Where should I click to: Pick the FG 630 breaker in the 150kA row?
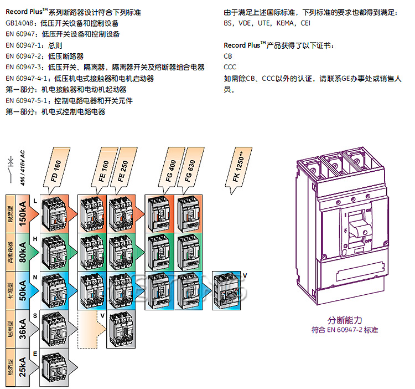pos(189,213)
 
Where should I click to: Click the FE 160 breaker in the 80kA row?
pos(91,252)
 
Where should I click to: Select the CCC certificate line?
pos(230,67)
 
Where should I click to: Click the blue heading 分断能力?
pos(344,320)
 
